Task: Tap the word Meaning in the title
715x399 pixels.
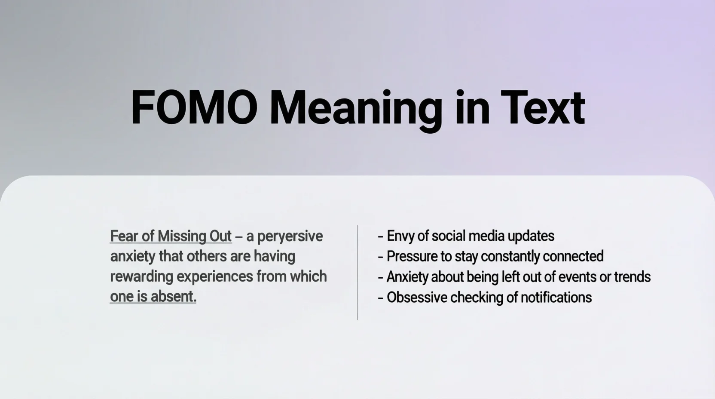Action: [x=356, y=110]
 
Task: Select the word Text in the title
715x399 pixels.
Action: [x=543, y=107]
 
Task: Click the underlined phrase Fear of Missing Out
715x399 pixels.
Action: [x=171, y=236]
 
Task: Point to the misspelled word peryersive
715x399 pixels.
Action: [x=290, y=237]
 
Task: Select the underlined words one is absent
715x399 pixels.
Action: [x=153, y=297]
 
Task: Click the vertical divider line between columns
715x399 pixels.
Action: [x=357, y=273]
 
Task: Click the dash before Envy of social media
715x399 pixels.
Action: [x=380, y=237]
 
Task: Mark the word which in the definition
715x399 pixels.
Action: [x=309, y=276]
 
